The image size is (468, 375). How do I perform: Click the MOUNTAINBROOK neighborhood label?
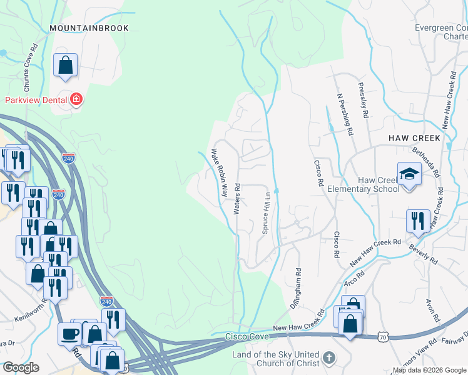tap(89, 28)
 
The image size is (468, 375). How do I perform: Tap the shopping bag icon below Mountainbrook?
tap(65, 65)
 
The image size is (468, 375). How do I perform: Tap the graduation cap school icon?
tap(409, 173)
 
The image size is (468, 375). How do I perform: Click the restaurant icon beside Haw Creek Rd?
tap(418, 221)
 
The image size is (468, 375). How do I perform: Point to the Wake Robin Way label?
tap(218, 172)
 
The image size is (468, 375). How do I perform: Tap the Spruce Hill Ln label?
tap(265, 212)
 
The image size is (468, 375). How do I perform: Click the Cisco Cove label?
tap(248, 337)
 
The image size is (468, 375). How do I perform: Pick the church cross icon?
tap(329, 359)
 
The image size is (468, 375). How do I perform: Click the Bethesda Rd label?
tap(427, 161)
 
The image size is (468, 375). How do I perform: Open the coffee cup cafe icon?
tap(69, 334)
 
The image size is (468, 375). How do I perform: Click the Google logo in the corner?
tap(21, 367)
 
